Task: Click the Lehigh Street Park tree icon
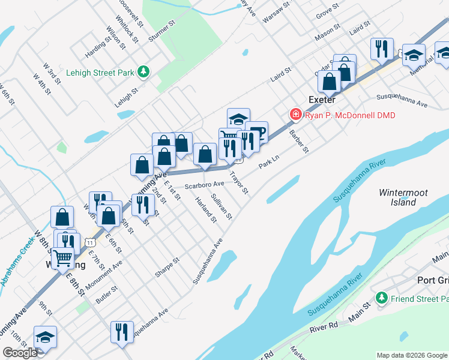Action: tap(143, 72)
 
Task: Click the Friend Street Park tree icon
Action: tap(381, 298)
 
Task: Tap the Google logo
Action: tap(20, 353)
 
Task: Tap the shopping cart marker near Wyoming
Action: tap(64, 259)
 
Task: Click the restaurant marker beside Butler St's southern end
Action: tap(122, 332)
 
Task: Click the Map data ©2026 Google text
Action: tap(411, 355)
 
